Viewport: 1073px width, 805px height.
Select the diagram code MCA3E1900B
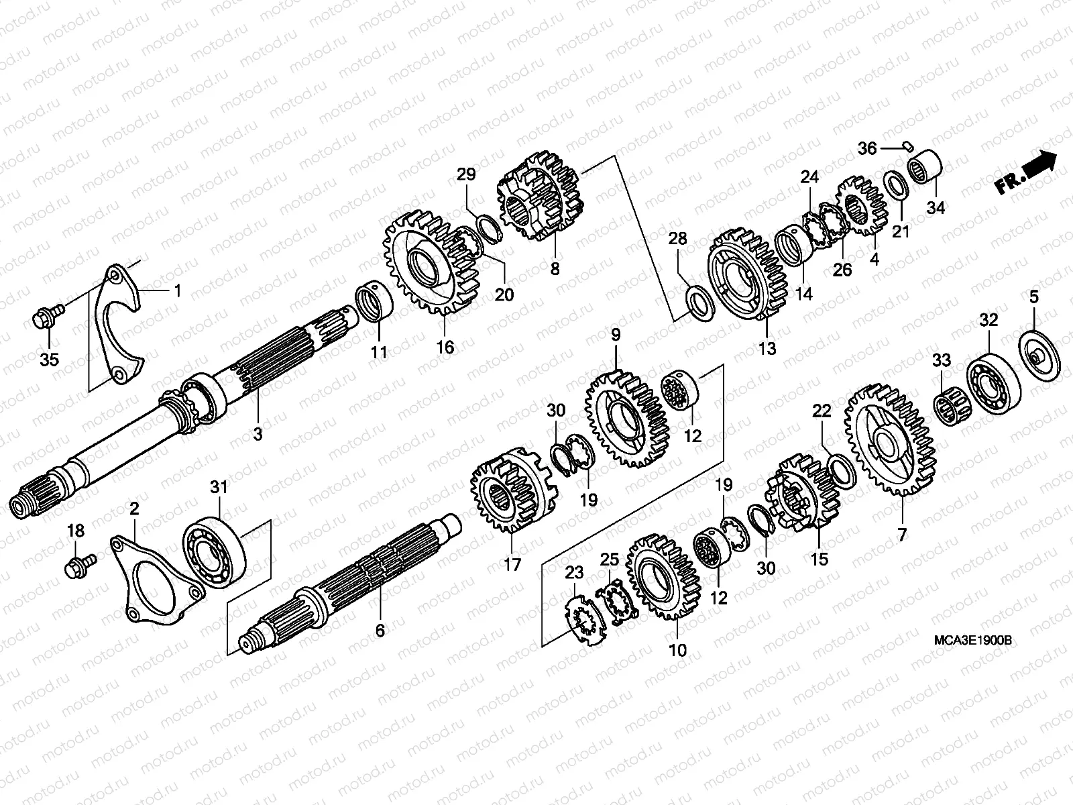pyautogui.click(x=972, y=641)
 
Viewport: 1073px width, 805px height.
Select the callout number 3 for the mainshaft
pyautogui.click(x=258, y=435)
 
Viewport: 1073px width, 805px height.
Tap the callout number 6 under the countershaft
pyautogui.click(x=380, y=631)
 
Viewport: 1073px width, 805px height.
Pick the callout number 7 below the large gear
pyautogui.click(x=901, y=535)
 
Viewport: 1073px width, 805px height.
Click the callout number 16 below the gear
pyautogui.click(x=445, y=347)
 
